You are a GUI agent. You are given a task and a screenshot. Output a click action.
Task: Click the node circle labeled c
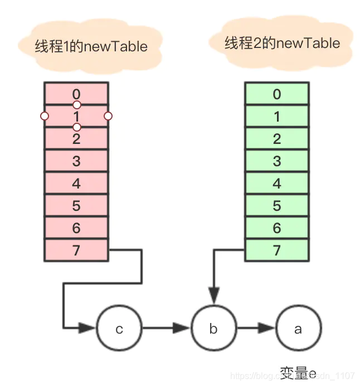tap(119, 329)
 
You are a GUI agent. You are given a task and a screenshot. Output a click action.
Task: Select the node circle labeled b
tap(213, 329)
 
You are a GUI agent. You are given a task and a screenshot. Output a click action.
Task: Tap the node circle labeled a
tap(298, 329)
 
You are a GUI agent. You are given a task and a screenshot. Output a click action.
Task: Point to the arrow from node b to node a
tap(256, 329)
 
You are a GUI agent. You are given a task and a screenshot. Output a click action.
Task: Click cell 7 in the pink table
tap(76, 250)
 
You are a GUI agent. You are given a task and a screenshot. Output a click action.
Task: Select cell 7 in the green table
tap(276, 250)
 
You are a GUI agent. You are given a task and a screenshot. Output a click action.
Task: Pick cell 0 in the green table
tap(276, 94)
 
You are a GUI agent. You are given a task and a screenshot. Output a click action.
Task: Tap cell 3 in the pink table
tap(76, 161)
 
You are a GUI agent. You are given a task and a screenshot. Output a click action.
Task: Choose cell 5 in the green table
tap(276, 206)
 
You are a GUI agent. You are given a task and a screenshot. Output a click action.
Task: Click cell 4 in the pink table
tap(76, 184)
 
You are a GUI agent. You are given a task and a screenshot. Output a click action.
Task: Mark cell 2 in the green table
tap(276, 139)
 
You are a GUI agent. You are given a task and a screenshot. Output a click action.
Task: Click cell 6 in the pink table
tap(76, 228)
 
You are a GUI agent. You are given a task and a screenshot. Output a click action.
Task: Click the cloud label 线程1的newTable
tap(91, 46)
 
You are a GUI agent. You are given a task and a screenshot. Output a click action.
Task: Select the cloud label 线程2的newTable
tap(282, 43)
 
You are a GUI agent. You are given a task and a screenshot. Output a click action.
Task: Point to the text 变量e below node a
tap(298, 372)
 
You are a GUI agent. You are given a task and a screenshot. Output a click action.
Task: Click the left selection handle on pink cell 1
tap(45, 116)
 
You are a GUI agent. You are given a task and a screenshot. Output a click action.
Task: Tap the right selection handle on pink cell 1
tap(108, 116)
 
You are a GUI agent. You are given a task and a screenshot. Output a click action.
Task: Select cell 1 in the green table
tap(276, 117)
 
